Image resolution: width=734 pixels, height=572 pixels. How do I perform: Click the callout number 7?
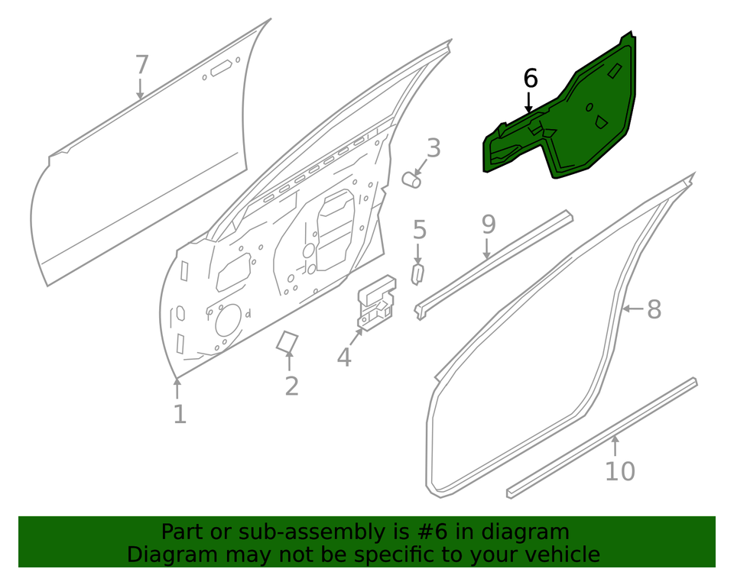click(141, 65)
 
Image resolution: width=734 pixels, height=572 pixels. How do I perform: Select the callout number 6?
click(530, 78)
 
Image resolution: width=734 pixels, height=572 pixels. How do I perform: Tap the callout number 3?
click(434, 147)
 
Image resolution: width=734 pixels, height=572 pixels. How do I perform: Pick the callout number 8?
click(654, 309)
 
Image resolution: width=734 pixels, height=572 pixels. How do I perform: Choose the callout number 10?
click(619, 471)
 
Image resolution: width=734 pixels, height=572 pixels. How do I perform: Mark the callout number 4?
click(344, 356)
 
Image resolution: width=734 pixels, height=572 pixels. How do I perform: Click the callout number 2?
click(291, 386)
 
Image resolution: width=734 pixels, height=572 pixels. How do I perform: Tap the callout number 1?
click(179, 414)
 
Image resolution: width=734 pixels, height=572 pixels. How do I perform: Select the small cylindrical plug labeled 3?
click(411, 179)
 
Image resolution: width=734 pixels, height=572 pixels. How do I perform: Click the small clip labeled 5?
click(417, 273)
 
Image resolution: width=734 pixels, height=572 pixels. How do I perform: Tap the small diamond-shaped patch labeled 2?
click(287, 341)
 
